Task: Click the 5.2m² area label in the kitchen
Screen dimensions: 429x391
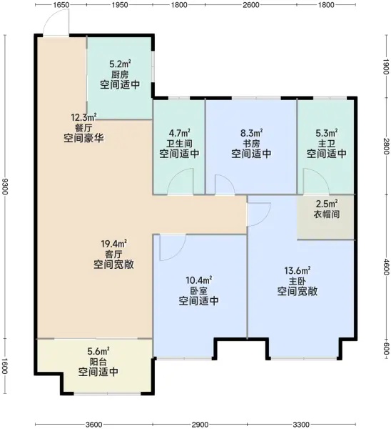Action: [x=119, y=63]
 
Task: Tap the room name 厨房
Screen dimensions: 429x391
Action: [x=119, y=74]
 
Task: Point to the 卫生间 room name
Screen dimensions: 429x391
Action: [x=179, y=143]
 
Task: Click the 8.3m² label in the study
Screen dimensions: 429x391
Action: [x=251, y=132]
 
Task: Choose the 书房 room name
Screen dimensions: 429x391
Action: [x=251, y=143]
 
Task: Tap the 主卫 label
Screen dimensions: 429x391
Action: [x=326, y=143]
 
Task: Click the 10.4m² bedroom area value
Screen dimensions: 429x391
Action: [x=198, y=280]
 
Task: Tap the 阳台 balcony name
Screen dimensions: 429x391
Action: [x=98, y=362]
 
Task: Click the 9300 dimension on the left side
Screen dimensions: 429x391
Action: [x=6, y=187]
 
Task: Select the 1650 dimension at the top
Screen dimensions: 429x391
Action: [x=61, y=5]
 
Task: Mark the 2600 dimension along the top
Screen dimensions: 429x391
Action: [x=250, y=5]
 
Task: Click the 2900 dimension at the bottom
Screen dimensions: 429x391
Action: [x=200, y=424]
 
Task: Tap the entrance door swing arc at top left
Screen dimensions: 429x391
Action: [x=54, y=26]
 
